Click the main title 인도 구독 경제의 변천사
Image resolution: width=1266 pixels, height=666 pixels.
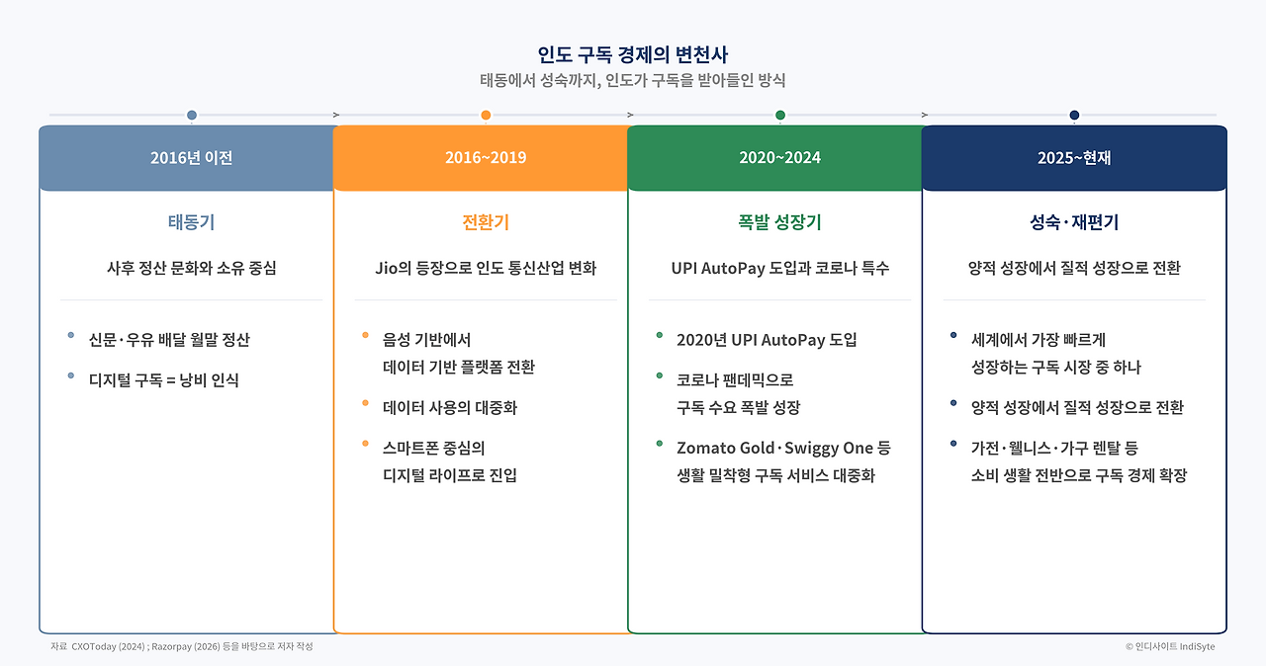click(632, 54)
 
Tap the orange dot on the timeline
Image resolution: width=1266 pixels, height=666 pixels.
click(486, 116)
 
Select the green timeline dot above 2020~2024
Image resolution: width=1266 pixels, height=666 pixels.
click(780, 116)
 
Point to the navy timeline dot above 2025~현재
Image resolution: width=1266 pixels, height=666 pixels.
click(1074, 116)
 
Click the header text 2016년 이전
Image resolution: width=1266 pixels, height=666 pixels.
click(192, 157)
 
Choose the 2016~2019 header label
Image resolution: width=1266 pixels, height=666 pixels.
click(486, 157)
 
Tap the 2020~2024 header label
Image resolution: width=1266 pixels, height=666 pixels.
click(780, 157)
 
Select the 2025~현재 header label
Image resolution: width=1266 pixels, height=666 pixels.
click(1074, 157)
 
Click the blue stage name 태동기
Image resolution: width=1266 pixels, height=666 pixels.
click(192, 221)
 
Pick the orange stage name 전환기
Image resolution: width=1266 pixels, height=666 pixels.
click(486, 221)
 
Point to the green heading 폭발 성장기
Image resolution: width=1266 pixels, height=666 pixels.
click(780, 221)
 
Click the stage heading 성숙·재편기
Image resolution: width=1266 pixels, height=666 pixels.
click(1074, 221)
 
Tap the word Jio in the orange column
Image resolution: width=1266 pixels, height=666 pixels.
click(387, 268)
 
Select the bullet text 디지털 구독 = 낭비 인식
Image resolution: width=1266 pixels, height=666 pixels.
click(164, 379)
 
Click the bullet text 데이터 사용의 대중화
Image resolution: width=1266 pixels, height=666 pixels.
click(450, 407)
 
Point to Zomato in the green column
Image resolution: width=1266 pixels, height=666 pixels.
click(706, 448)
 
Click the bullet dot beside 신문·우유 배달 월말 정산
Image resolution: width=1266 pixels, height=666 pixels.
click(70, 335)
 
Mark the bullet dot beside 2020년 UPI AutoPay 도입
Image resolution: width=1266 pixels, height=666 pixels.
click(659, 335)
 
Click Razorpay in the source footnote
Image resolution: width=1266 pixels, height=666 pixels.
click(171, 647)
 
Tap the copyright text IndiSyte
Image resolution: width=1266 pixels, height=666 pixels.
click(1197, 647)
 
